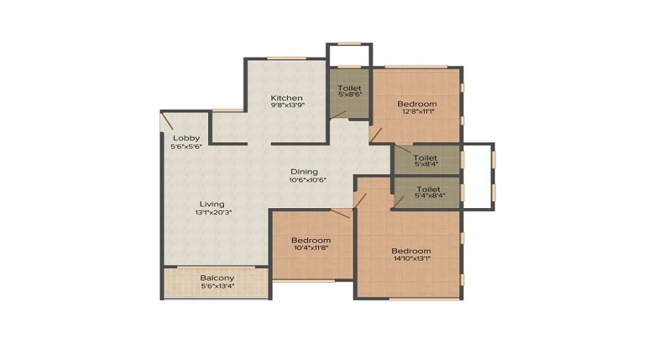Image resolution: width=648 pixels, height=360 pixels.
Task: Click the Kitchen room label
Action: [x=287, y=98]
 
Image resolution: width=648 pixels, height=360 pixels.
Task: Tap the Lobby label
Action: [x=186, y=138]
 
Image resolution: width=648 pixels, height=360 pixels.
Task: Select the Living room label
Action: [x=212, y=204]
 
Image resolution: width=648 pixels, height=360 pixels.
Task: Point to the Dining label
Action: [x=304, y=172]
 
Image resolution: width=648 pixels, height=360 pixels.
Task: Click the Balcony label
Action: [x=217, y=278]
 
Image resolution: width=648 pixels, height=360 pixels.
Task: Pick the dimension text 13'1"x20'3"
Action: [x=214, y=212]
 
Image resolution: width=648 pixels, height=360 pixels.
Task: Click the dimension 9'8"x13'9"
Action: [x=287, y=105]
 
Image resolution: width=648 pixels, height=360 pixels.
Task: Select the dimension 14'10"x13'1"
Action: [x=412, y=258]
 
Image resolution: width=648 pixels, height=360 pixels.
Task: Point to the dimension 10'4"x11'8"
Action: [x=311, y=248]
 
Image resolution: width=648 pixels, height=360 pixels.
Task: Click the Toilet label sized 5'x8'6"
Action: [x=349, y=88]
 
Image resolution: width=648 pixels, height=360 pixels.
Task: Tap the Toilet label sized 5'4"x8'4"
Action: [x=428, y=189]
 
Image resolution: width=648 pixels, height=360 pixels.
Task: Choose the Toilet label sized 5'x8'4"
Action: [x=426, y=158]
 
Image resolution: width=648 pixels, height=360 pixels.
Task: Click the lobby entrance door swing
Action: [x=166, y=121]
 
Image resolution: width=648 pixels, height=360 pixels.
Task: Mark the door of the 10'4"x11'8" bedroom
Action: [x=340, y=213]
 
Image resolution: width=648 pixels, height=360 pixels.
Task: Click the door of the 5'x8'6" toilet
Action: [x=338, y=115]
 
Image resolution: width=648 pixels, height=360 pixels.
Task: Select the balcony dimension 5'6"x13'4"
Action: [x=217, y=286]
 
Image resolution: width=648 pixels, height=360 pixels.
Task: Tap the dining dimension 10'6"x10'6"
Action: [x=308, y=180]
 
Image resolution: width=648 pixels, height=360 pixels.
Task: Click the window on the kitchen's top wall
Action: [x=287, y=58]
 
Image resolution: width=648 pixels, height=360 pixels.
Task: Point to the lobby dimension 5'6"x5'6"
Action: [x=186, y=146]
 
